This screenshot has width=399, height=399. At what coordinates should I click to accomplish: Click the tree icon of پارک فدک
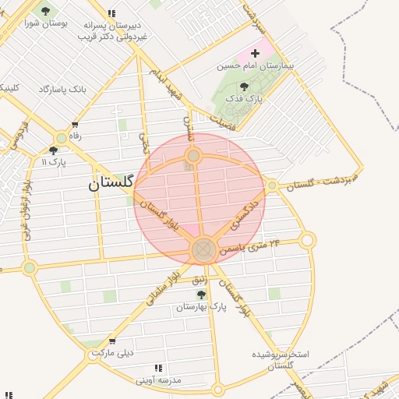coord(245,87)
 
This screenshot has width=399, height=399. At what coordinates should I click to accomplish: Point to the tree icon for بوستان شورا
coord(45,11)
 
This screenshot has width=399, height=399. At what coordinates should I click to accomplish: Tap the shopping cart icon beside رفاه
coord(75,125)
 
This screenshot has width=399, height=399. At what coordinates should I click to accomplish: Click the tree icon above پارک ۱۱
coord(53,150)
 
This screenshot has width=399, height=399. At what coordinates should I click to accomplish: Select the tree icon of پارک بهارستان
coord(201,295)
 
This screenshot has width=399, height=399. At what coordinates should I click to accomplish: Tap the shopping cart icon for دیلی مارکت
coord(112,341)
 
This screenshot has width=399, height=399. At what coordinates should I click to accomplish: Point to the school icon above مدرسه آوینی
coord(159,368)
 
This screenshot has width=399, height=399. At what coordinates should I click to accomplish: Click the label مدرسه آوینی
coord(159,380)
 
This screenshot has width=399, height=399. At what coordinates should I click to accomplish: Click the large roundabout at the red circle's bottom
coord(203,249)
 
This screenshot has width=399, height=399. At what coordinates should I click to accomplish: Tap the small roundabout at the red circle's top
coord(193,157)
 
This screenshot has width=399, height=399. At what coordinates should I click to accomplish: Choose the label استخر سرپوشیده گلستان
coord(281,359)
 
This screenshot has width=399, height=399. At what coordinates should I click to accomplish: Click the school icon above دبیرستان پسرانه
coord(112,13)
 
